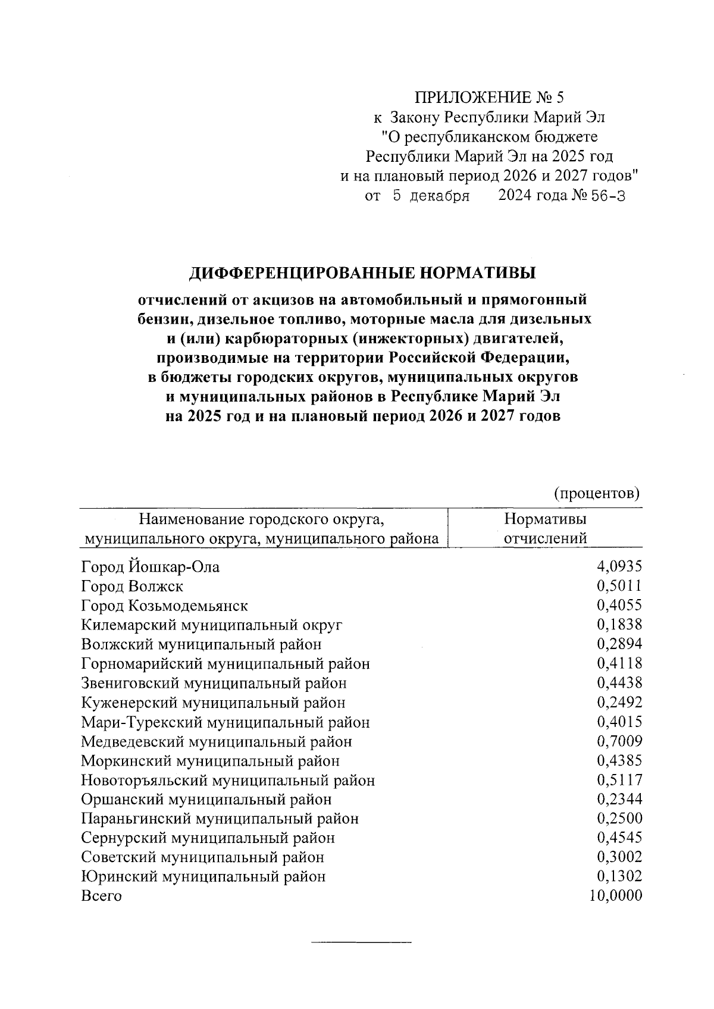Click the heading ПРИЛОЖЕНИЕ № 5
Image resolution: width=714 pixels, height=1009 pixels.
pos(488,97)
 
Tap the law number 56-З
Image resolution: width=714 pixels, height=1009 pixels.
pos(607,196)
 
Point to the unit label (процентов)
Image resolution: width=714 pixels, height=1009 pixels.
pos(596,493)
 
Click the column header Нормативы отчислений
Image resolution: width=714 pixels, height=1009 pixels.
pos(545,528)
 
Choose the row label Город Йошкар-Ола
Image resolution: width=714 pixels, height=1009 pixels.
pos(150,567)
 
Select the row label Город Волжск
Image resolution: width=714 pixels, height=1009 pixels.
pos(132,586)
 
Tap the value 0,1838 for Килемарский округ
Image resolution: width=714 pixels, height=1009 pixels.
pos(619,625)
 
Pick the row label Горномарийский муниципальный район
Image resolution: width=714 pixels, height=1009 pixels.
pos(226,663)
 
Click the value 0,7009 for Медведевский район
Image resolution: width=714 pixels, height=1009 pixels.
pos(619,741)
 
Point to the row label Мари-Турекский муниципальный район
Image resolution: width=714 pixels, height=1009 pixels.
pos(226,722)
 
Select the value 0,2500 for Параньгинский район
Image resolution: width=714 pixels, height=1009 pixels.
pos(619,819)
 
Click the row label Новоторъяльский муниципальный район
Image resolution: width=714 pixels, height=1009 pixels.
pos(228,780)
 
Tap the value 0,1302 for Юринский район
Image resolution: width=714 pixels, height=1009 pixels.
pos(619,876)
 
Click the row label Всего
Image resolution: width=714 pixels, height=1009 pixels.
pos(101,896)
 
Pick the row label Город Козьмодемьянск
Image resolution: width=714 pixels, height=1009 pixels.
pos(164,606)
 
